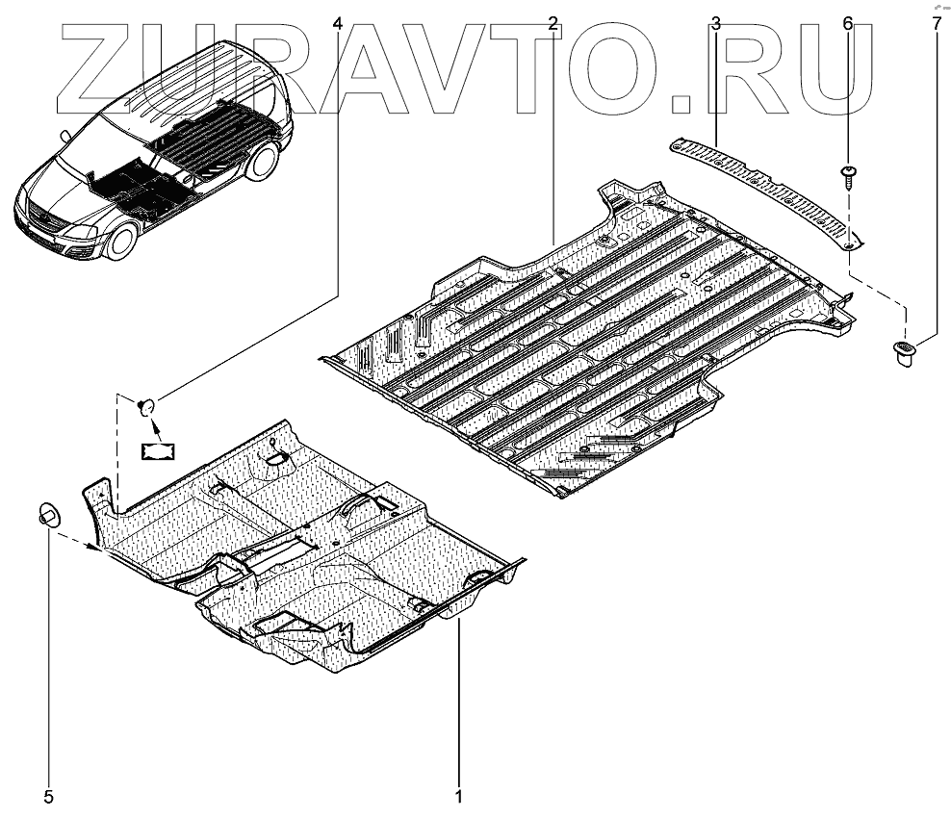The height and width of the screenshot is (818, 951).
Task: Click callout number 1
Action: click(x=459, y=797)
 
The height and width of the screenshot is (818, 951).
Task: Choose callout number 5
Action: click(x=48, y=797)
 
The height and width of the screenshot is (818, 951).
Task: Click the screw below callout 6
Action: click(x=847, y=174)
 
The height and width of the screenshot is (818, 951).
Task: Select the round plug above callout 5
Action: click(x=48, y=513)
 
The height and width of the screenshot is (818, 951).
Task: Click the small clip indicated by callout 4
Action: click(x=147, y=406)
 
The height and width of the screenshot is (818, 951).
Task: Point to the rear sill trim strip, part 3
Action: click(x=770, y=183)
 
